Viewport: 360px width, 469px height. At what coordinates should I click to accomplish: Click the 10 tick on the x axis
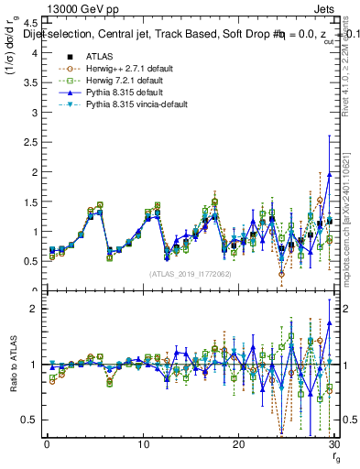click(143, 443)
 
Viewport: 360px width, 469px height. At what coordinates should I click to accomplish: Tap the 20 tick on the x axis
click(238, 443)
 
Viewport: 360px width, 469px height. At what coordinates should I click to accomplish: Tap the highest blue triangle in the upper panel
click(329, 174)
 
